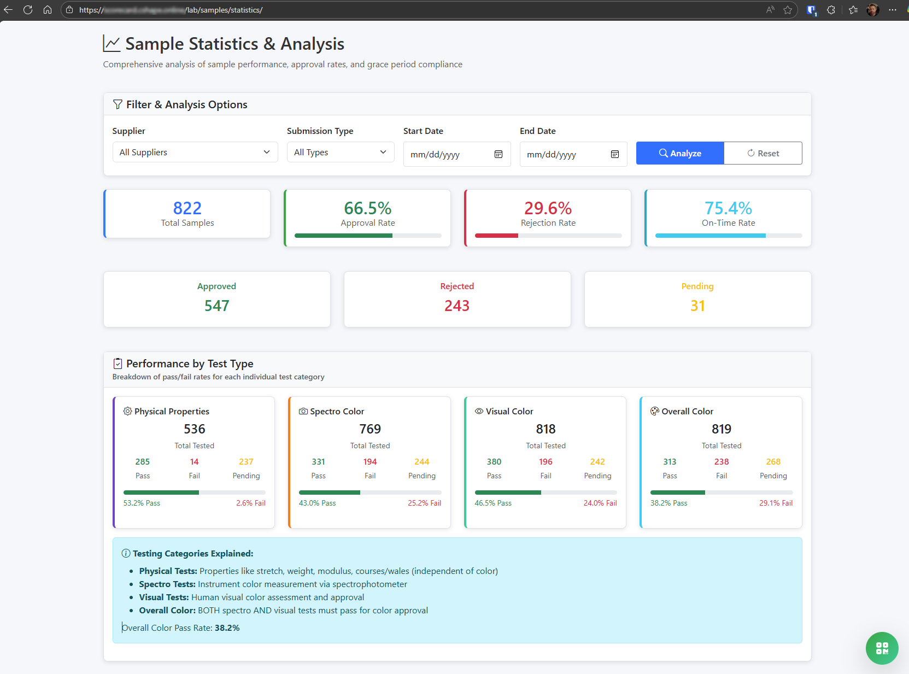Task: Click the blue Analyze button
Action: (x=679, y=153)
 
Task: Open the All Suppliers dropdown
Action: (x=195, y=152)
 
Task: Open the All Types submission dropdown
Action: (x=340, y=152)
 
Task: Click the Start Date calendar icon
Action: (x=499, y=154)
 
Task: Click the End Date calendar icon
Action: (x=615, y=154)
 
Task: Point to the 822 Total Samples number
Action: (x=187, y=208)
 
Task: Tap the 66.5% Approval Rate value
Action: (x=367, y=208)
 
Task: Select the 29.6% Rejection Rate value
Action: (x=548, y=208)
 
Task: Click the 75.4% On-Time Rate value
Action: (x=728, y=208)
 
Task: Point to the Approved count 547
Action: (x=216, y=306)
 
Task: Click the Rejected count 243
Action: (x=457, y=306)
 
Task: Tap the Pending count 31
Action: (x=697, y=306)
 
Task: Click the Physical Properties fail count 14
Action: (x=194, y=462)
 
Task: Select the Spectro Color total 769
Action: (x=370, y=429)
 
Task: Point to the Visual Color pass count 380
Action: (x=494, y=462)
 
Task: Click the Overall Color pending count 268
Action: (x=773, y=462)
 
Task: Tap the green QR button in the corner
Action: (x=882, y=648)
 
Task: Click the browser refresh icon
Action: (x=28, y=10)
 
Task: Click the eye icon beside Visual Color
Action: (x=479, y=411)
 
